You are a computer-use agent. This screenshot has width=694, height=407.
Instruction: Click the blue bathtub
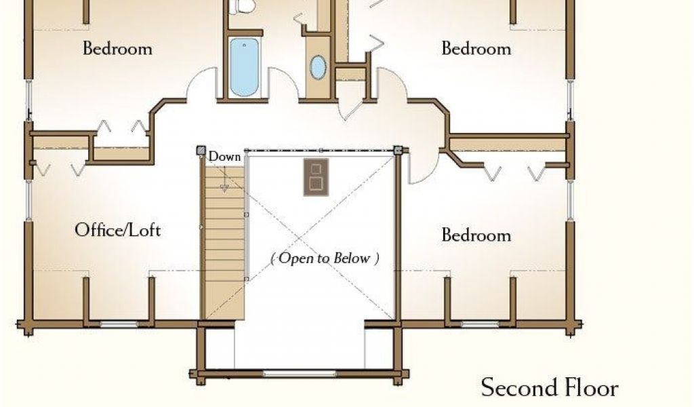tap(244, 67)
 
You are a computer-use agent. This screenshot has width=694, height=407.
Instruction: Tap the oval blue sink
tap(317, 67)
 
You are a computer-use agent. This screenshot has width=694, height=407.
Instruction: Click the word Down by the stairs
tap(224, 157)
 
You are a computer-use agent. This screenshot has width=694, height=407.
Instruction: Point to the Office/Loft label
tap(117, 230)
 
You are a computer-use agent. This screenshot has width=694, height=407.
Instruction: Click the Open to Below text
tap(325, 258)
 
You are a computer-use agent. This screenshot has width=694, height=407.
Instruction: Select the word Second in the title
tap(514, 388)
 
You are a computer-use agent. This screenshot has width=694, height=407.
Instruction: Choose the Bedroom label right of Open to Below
tap(476, 235)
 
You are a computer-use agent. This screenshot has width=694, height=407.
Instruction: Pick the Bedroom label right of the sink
tap(476, 49)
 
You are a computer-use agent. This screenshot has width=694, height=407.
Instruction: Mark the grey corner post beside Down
tap(201, 151)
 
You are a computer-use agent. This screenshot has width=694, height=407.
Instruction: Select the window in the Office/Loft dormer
tap(119, 324)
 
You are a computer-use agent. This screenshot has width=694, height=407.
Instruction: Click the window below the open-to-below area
tap(299, 373)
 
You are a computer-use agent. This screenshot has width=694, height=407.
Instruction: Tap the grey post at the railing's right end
tap(398, 150)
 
